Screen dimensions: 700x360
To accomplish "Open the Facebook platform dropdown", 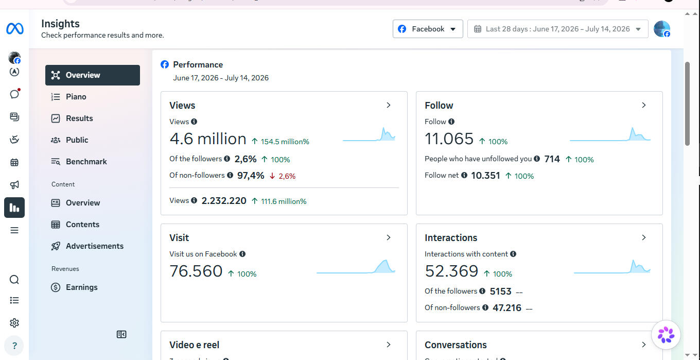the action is pos(428,29).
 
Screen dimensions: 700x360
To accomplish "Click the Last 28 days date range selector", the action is pos(557,29).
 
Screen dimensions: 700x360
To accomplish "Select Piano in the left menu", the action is pos(76,97).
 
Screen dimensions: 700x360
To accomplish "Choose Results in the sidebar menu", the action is pos(79,118).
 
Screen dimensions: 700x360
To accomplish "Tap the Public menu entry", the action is pos(77,140).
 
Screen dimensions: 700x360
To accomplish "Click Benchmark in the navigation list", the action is pos(86,161).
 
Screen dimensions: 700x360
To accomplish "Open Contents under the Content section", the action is pos(82,224).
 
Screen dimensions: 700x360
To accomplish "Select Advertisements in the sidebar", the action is pos(94,246).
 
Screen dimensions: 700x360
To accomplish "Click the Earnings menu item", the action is pos(81,287).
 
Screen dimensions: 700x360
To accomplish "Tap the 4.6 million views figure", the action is pos(208,139).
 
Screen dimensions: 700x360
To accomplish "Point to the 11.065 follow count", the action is pos(449,139).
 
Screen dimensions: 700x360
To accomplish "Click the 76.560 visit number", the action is pos(196,271).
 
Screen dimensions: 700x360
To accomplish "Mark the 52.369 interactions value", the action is pos(451,271).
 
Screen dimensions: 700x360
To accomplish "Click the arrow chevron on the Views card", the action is pos(389,105).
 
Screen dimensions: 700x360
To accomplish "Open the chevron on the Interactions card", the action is pos(644,237).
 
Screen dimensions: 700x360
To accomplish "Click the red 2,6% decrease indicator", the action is pos(283,176).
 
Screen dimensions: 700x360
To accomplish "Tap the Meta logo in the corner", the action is pos(15,29).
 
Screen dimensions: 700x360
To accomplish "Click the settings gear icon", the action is pos(14,323).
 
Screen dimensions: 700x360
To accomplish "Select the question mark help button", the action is pos(14,346).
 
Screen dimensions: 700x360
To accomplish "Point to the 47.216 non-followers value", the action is pos(507,308).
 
